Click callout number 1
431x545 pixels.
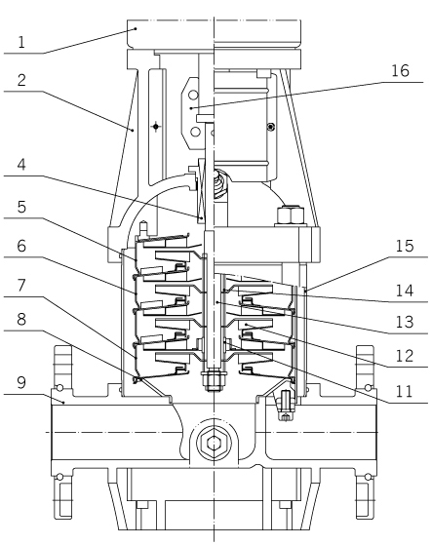coord(21,42)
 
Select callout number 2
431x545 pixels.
coord(21,80)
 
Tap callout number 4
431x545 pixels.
coord(21,165)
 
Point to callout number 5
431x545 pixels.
coord(21,207)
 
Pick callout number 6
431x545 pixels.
coord(21,246)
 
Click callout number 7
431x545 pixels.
coord(21,286)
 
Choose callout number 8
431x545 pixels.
coord(21,319)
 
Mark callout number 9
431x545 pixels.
coord(21,383)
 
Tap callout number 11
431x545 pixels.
coord(405,391)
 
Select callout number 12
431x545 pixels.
coord(405,356)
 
